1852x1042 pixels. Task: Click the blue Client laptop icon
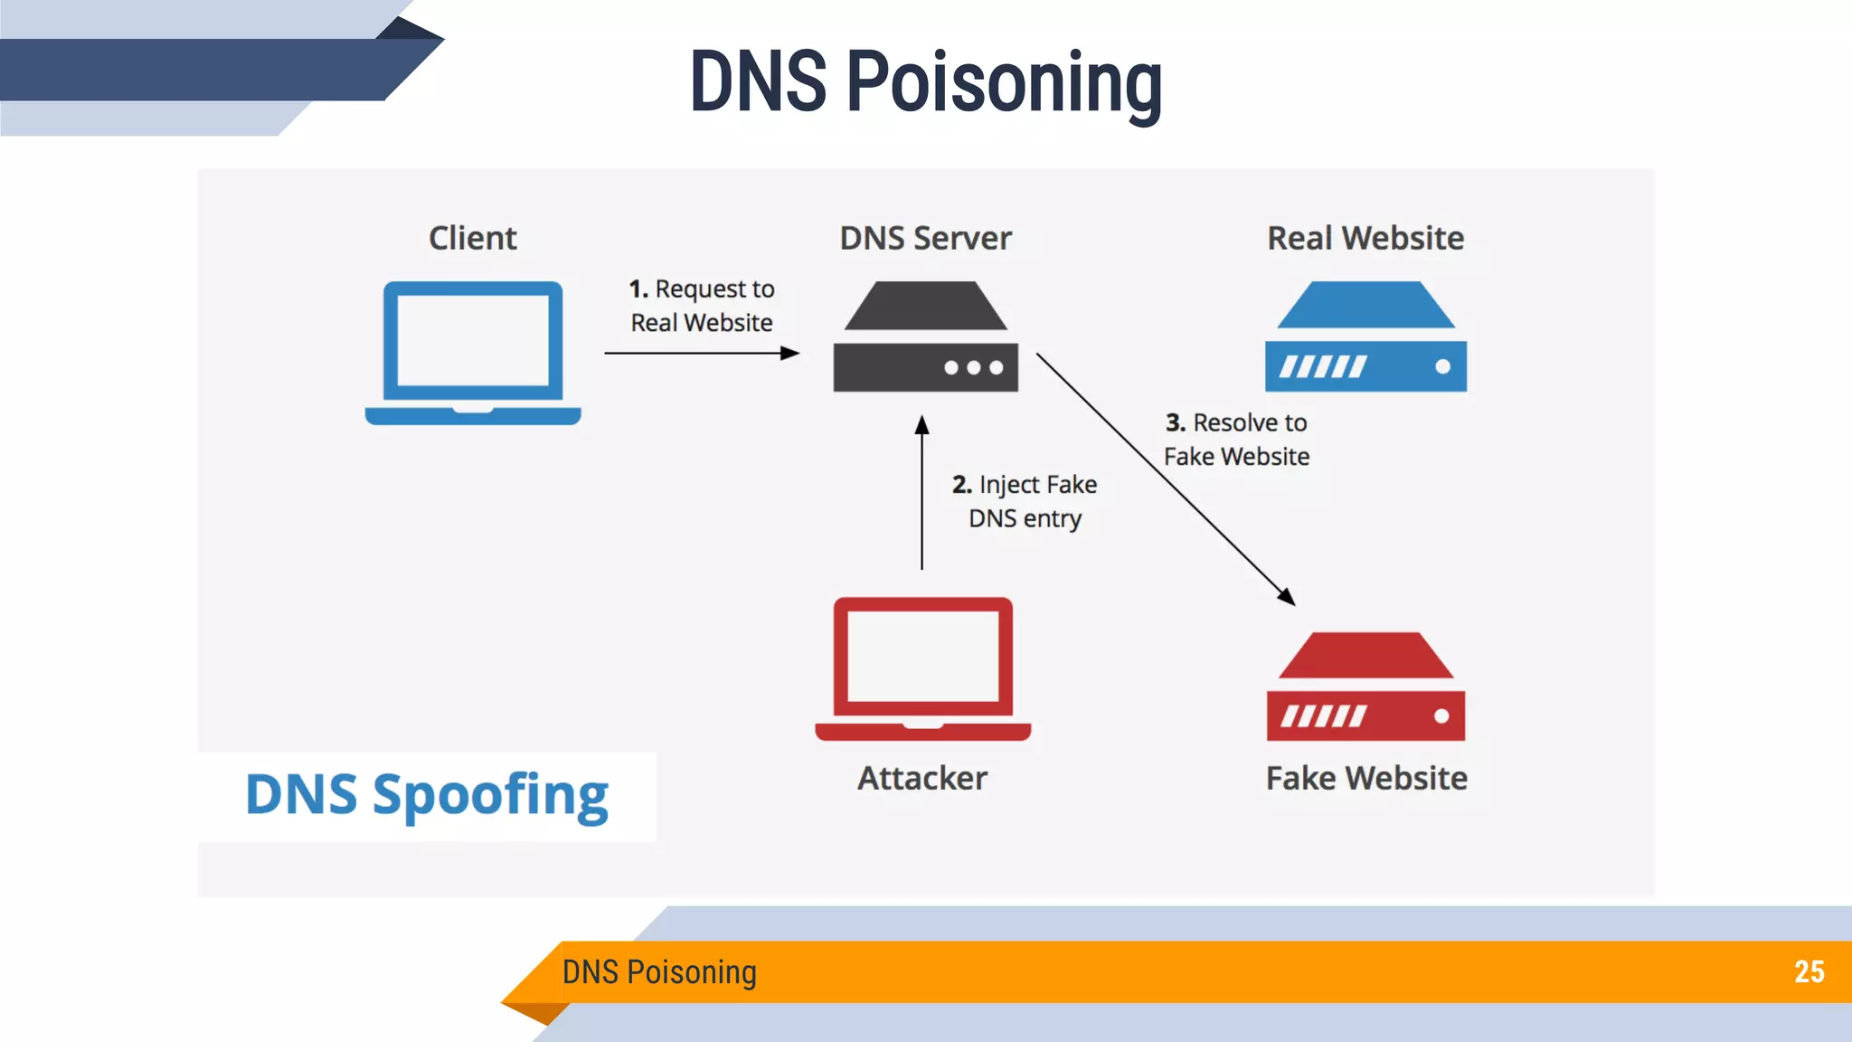click(472, 353)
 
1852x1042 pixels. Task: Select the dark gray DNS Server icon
click(925, 337)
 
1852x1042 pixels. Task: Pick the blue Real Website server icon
click(1365, 337)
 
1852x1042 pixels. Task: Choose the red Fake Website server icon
click(1365, 687)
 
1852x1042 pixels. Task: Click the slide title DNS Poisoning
click(925, 82)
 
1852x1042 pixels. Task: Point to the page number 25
click(1809, 971)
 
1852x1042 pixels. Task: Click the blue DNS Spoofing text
click(427, 795)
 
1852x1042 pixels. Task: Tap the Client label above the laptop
click(472, 238)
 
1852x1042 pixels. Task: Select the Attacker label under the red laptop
click(922, 778)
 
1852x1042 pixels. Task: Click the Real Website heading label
click(1365, 238)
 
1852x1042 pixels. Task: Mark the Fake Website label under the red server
click(1365, 778)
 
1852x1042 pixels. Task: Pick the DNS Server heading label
click(925, 238)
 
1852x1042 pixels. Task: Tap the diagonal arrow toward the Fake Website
click(1167, 479)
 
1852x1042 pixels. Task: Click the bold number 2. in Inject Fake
click(962, 485)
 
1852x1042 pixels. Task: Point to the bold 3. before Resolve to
click(1175, 422)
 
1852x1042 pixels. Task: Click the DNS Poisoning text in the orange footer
click(659, 971)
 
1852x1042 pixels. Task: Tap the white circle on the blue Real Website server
click(1442, 366)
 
